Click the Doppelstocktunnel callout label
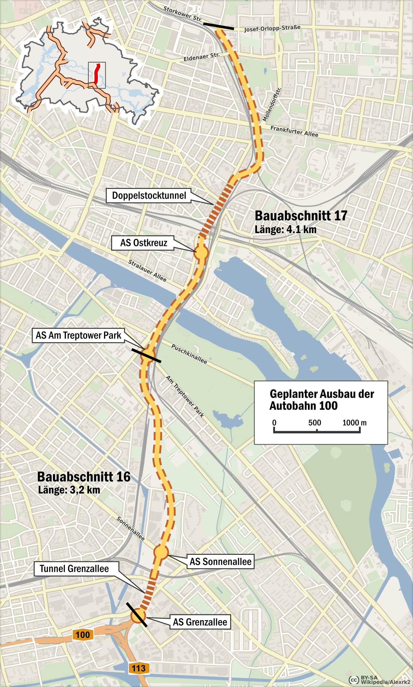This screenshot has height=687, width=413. (x=149, y=196)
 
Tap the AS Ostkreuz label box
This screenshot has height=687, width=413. (x=143, y=243)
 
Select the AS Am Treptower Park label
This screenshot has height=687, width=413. (x=79, y=335)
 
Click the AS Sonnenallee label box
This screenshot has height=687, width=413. (x=220, y=562)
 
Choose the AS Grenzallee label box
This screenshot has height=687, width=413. (x=200, y=622)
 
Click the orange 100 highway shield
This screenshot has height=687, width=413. (x=83, y=635)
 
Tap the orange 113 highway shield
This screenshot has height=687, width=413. (x=139, y=668)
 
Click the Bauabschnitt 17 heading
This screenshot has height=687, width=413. (x=301, y=216)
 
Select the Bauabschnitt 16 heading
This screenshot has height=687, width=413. (x=84, y=477)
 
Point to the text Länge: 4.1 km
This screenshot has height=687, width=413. (x=286, y=229)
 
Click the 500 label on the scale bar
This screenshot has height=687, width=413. (x=314, y=423)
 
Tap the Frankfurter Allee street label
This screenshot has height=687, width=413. (x=294, y=131)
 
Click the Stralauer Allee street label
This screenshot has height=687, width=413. (x=147, y=271)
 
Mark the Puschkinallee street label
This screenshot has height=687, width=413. (x=189, y=354)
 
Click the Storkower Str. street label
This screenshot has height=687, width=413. (x=183, y=14)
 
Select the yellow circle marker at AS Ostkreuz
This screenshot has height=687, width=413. (x=201, y=253)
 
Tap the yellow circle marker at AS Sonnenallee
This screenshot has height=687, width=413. (x=161, y=552)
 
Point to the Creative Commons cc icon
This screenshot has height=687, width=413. (x=354, y=680)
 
